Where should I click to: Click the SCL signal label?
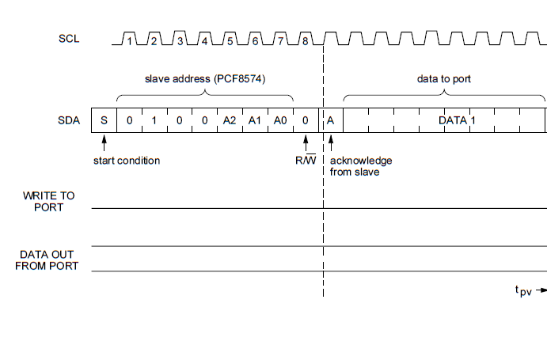[x=69, y=39]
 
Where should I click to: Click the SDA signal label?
[x=70, y=120]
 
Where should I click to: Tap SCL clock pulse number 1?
[x=130, y=40]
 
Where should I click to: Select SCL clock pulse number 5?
[x=230, y=40]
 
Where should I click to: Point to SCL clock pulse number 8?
[x=305, y=40]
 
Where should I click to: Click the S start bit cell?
[x=104, y=120]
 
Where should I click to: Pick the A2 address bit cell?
[x=230, y=120]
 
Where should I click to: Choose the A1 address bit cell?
[x=255, y=120]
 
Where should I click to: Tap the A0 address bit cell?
[x=280, y=120]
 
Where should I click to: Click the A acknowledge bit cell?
[x=331, y=120]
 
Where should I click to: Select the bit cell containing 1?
[x=154, y=120]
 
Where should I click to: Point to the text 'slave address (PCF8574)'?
[x=204, y=80]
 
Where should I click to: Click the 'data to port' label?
[x=443, y=80]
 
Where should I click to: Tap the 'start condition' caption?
[x=127, y=161]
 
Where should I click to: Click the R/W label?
[x=305, y=161]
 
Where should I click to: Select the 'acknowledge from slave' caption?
[x=361, y=166]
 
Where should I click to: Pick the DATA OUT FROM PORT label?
[x=49, y=260]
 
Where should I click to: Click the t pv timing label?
[x=523, y=291]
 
